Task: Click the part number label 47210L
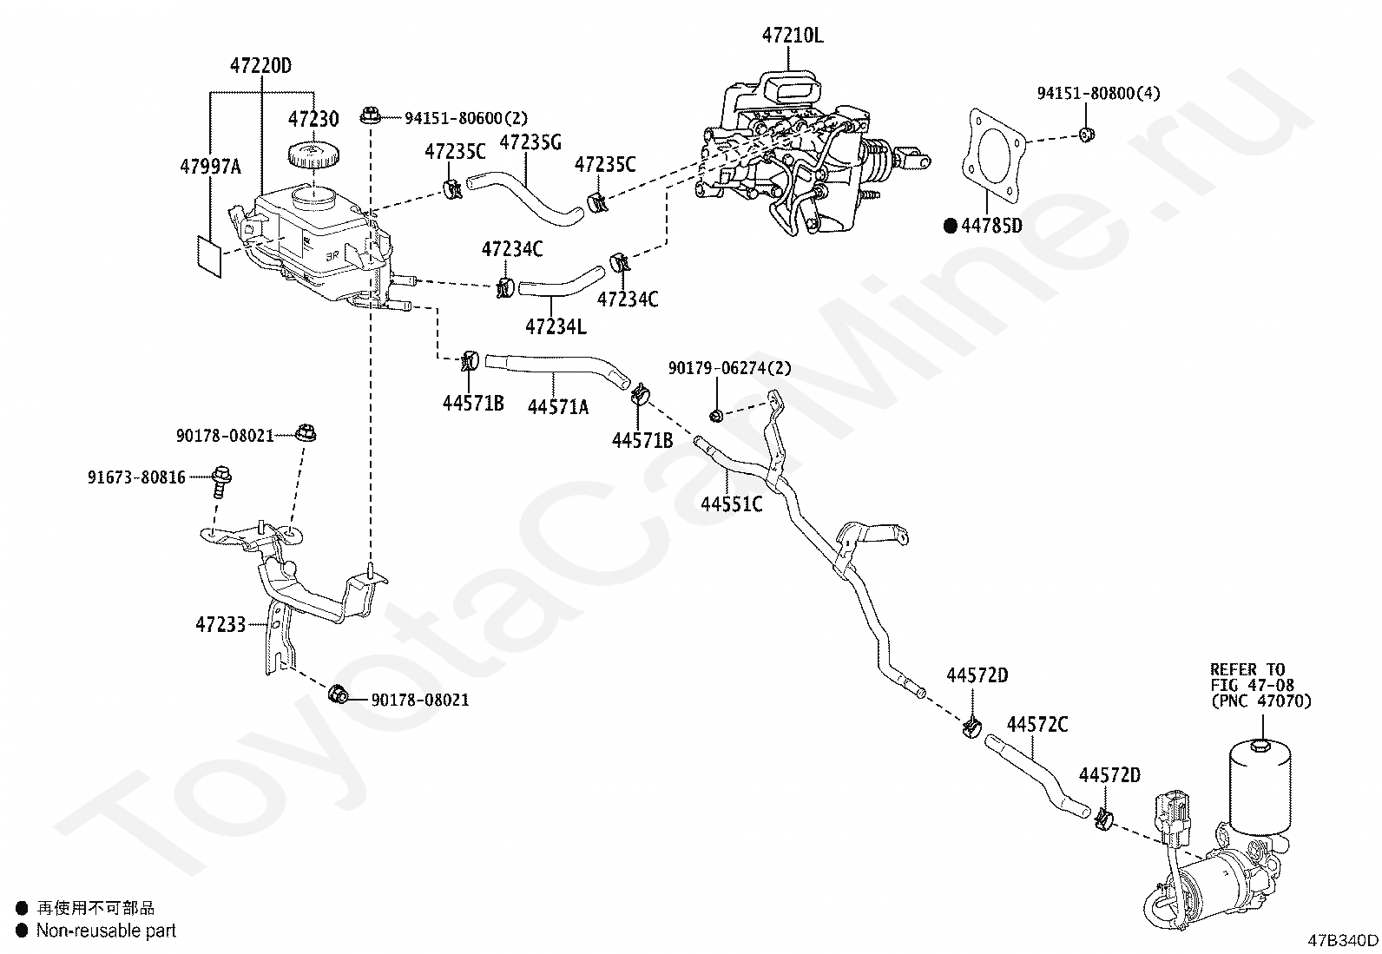pos(793,36)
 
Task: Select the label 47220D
pos(260,65)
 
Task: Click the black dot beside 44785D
pos(951,227)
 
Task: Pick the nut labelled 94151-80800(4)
pos(1087,134)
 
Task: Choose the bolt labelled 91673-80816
pos(221,481)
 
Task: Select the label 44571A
pos(558,406)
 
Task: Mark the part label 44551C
pos(732,504)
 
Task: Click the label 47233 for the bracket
pos(220,624)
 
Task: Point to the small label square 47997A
pos(209,256)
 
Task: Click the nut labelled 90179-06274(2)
pos(716,415)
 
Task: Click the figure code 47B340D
pos(1343,940)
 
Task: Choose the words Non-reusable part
pos(106,930)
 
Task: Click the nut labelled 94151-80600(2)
pos(369,115)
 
